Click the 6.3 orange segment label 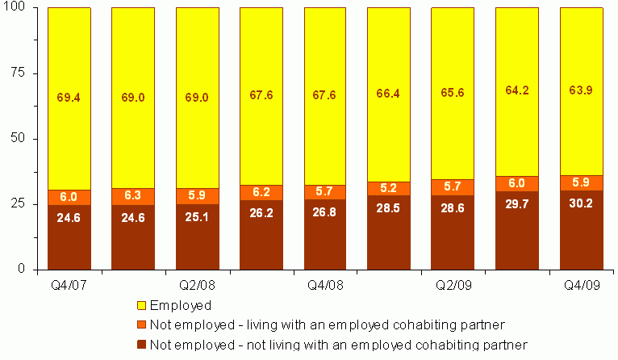point(132,195)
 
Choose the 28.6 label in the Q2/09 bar point(452,220)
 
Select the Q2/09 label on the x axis point(452,285)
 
